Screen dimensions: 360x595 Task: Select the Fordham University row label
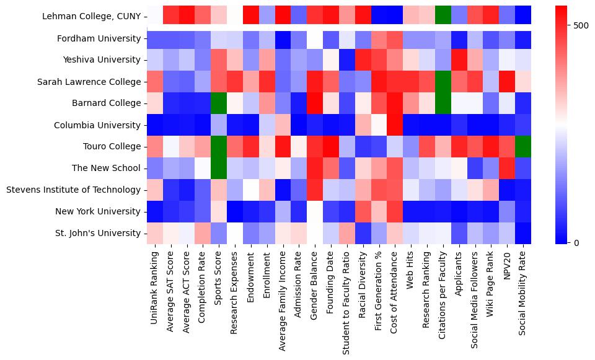(98, 38)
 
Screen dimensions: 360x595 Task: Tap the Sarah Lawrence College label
(89, 82)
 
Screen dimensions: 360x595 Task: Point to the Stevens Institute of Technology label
(74, 190)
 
